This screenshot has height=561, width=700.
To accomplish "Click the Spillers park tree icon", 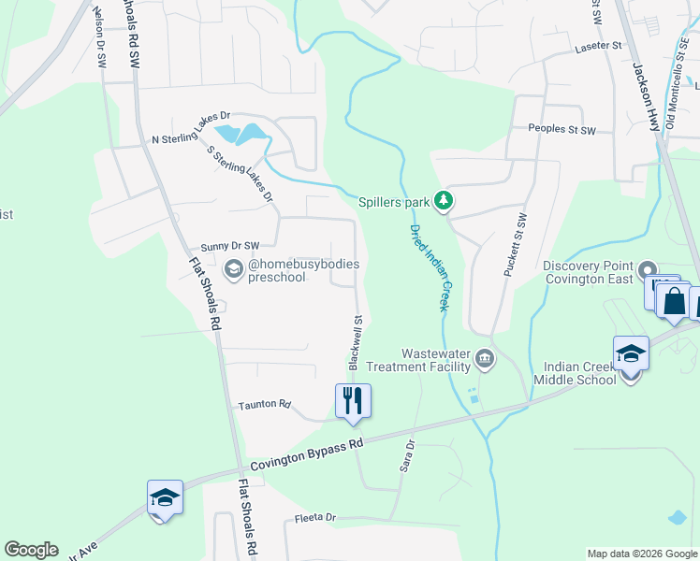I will coord(445,200).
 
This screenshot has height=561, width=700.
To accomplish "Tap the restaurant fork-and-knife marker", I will coord(354,401).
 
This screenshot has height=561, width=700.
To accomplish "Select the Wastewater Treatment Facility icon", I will coord(485,358).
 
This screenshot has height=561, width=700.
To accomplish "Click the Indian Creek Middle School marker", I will coord(631,354).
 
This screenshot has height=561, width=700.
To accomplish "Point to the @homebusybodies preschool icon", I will coord(234,270).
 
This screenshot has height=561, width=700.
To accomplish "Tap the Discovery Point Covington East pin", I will coord(649,271).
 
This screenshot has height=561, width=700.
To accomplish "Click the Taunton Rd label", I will coord(264,405).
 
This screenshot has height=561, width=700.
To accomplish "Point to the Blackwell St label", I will coord(356,341).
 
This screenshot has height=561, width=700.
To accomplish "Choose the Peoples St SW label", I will coord(561,130).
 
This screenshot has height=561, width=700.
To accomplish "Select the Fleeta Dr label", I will coord(314,517).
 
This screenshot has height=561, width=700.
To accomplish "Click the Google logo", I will coord(31,550).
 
